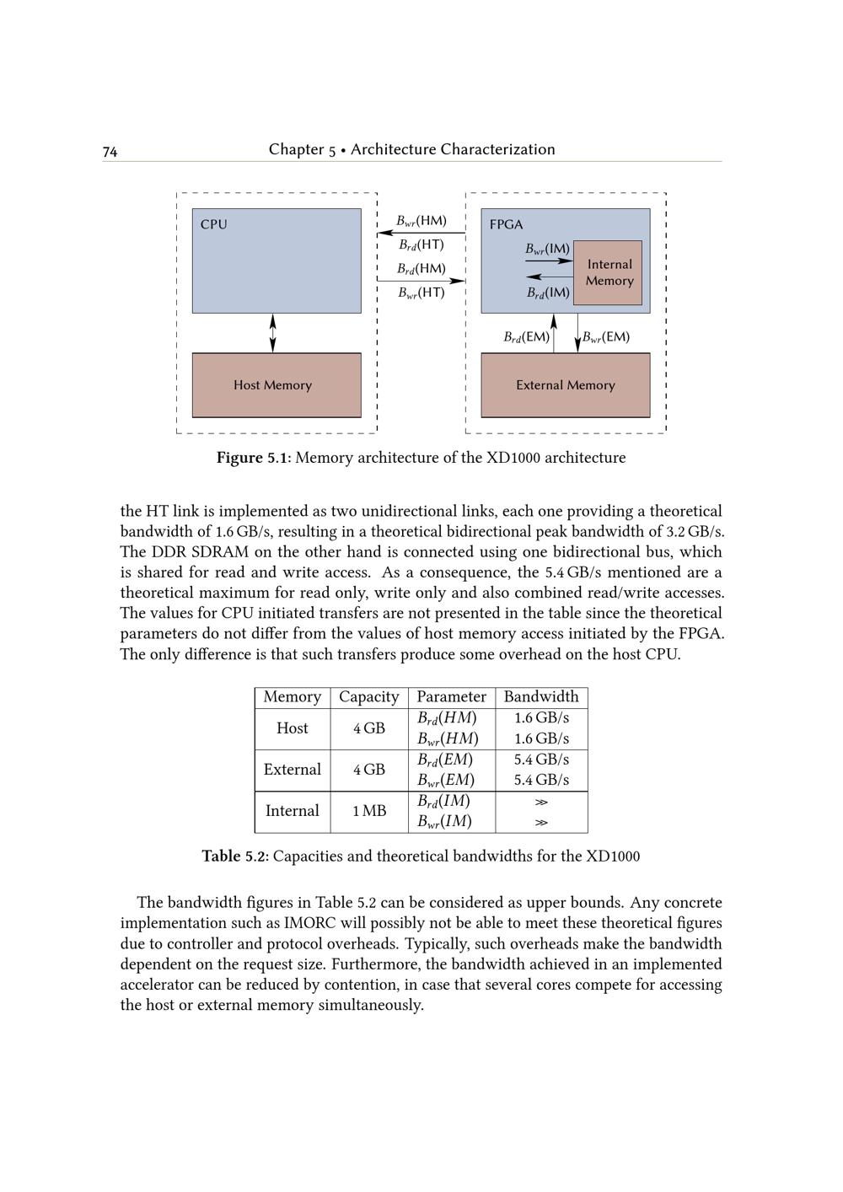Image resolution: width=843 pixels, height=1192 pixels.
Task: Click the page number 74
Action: pyautogui.click(x=110, y=152)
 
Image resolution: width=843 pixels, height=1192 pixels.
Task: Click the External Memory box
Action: pyautogui.click(x=565, y=385)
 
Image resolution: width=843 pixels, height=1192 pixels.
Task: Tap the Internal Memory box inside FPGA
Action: pyautogui.click(x=609, y=272)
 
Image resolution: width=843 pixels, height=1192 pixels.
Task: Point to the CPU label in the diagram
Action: pyautogui.click(x=213, y=224)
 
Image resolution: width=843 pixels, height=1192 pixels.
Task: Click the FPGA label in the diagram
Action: pyautogui.click(x=506, y=224)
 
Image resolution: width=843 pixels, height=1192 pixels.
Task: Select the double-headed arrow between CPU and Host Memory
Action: pyautogui.click(x=272, y=333)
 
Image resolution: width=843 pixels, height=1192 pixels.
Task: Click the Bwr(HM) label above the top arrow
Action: pyautogui.click(x=421, y=221)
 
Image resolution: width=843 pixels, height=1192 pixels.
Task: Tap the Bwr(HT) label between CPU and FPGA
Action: pyautogui.click(x=421, y=293)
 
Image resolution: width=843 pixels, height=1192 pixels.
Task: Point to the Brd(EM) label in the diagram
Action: pyautogui.click(x=526, y=337)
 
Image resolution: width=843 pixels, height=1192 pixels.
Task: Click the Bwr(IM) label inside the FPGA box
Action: pyautogui.click(x=547, y=249)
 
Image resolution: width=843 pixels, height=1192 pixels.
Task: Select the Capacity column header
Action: pyautogui.click(x=368, y=697)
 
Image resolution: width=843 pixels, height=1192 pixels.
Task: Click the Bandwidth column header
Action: pyautogui.click(x=541, y=697)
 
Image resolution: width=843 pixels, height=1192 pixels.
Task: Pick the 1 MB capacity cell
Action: pyautogui.click(x=368, y=811)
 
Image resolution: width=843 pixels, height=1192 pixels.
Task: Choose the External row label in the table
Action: pyautogui.click(x=292, y=770)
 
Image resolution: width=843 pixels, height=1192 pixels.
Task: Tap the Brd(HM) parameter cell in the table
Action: pyautogui.click(x=447, y=718)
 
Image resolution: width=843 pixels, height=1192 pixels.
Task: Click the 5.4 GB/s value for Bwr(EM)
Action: pyautogui.click(x=541, y=780)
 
